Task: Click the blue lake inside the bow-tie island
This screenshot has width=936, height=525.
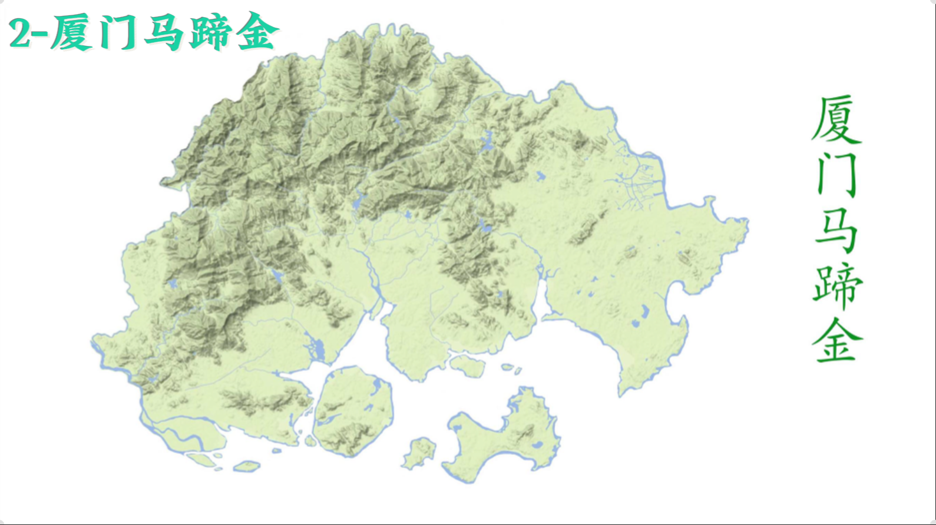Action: [x=537, y=444]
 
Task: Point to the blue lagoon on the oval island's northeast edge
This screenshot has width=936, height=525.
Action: [x=377, y=386]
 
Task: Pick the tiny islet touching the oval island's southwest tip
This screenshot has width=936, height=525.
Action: [x=310, y=440]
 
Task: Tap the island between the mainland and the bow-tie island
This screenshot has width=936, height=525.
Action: [x=468, y=365]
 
